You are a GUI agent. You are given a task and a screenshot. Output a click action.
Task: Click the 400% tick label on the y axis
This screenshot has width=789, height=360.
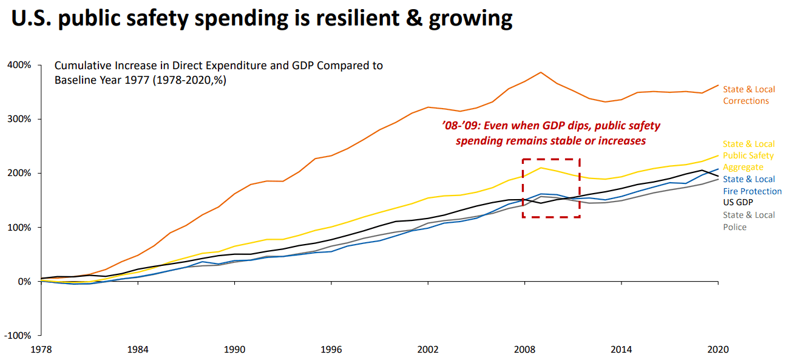[x=20, y=65]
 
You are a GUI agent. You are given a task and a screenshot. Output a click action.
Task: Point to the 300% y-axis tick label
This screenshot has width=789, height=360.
[x=20, y=119]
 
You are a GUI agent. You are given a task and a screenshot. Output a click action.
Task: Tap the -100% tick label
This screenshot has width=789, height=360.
[x=18, y=336]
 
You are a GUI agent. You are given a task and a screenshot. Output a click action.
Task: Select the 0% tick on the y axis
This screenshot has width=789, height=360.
[x=24, y=282]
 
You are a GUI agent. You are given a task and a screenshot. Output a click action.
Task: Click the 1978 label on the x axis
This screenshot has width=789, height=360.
[x=41, y=350]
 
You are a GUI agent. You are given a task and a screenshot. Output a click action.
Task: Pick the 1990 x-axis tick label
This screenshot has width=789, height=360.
[x=235, y=350]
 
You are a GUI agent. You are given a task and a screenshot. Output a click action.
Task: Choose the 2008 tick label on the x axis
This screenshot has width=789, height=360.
[x=524, y=350]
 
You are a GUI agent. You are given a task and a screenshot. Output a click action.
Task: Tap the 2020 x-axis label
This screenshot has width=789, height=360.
[x=718, y=350]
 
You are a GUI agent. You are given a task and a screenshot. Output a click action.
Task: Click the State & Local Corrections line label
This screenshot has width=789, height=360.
[x=748, y=95]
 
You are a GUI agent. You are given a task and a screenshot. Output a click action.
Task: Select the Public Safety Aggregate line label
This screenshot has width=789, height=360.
[x=748, y=155]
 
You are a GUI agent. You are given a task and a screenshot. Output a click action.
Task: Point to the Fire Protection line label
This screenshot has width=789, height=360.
[x=751, y=185]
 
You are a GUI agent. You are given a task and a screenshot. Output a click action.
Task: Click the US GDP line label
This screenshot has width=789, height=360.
[x=737, y=203]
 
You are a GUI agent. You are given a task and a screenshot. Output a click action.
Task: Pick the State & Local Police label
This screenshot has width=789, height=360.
[x=748, y=221]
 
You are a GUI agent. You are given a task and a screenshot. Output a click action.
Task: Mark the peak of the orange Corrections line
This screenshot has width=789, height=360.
[x=540, y=72]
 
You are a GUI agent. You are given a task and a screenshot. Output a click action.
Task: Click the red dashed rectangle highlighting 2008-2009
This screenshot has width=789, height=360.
[x=551, y=159]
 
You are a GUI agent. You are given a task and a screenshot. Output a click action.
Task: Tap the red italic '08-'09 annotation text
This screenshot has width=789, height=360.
[x=550, y=133]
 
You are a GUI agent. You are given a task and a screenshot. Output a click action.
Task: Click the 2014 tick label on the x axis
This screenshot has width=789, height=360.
[x=621, y=350]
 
